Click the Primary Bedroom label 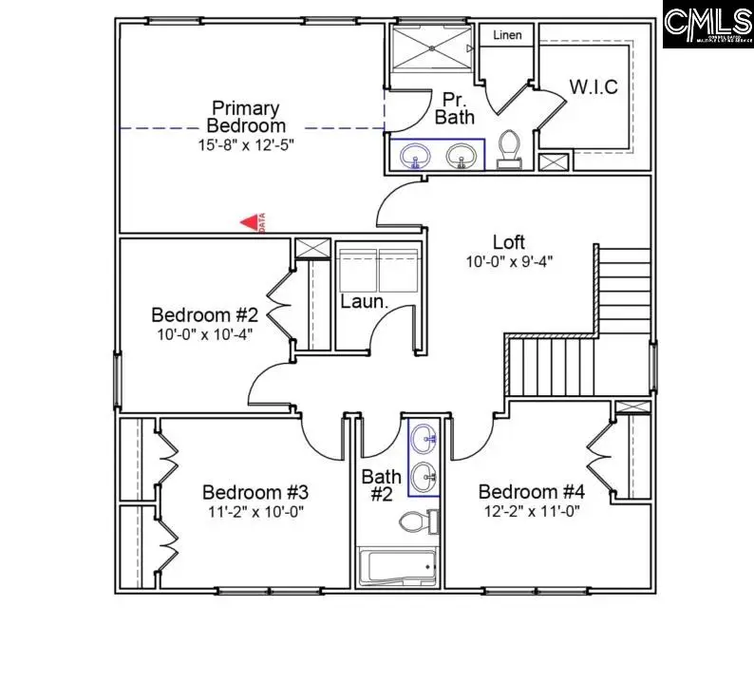(x=246, y=116)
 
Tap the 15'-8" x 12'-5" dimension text (x=246, y=145)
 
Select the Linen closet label (x=506, y=35)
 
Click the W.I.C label (x=594, y=87)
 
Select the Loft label (x=508, y=242)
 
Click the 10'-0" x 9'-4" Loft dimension (x=509, y=261)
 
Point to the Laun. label (x=364, y=303)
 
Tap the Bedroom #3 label (x=254, y=492)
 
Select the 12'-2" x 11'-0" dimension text (x=530, y=511)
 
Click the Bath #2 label (x=381, y=484)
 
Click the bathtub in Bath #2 (x=397, y=568)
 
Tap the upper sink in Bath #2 (x=424, y=439)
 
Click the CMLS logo (x=707, y=25)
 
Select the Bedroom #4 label (x=530, y=491)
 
